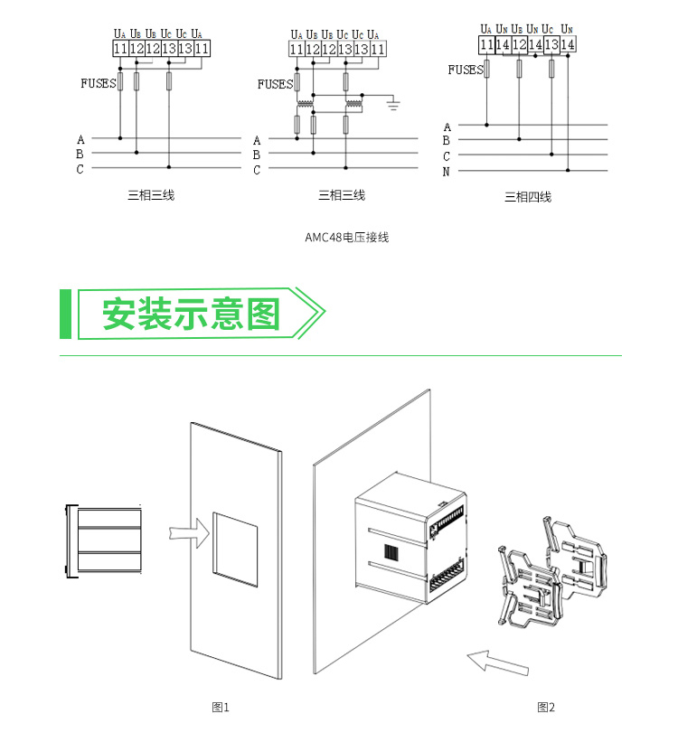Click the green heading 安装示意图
pyautogui.click(x=192, y=315)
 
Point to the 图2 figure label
pyautogui.click(x=545, y=707)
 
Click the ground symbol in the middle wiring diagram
pyautogui.click(x=394, y=105)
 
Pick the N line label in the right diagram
pyautogui.click(x=446, y=171)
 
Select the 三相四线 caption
pyautogui.click(x=527, y=196)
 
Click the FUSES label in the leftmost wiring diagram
pyautogui.click(x=98, y=83)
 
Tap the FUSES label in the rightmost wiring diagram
pyautogui.click(x=466, y=70)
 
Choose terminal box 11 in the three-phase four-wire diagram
pyautogui.click(x=486, y=44)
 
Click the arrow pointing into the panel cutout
pyautogui.click(x=186, y=532)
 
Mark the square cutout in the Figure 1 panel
pyautogui.click(x=235, y=543)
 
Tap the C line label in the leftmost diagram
pyautogui.click(x=80, y=169)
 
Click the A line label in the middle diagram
pyautogui.click(x=257, y=140)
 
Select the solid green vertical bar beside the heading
pyautogui.click(x=65, y=315)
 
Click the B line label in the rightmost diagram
pyautogui.click(x=446, y=141)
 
